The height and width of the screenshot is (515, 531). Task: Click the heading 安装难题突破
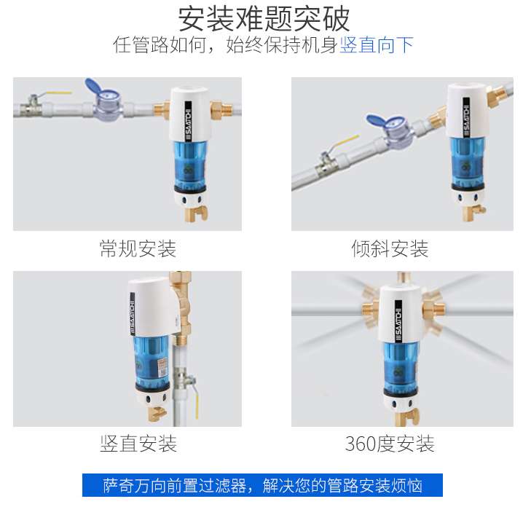pyautogui.click(x=264, y=19)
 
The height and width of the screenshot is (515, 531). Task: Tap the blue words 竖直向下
pyautogui.click(x=377, y=44)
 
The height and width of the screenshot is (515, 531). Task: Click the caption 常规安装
pyautogui.click(x=138, y=249)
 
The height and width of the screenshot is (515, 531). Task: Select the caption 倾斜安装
pyautogui.click(x=390, y=249)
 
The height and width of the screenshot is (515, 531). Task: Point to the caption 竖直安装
pyautogui.click(x=138, y=444)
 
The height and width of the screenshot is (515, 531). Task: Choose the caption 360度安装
pyautogui.click(x=390, y=444)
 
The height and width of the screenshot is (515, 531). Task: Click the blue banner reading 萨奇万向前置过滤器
pyautogui.click(x=262, y=485)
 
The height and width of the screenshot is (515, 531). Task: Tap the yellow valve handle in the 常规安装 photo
pyautogui.click(x=58, y=93)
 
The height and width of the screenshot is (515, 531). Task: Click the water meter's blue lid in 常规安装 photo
pyautogui.click(x=95, y=87)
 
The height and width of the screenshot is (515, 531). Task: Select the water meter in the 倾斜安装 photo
pyautogui.click(x=391, y=131)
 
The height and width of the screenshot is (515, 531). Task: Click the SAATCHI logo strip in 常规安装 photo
pyautogui.click(x=188, y=121)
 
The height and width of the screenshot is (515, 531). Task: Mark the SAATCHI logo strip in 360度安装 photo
pyautogui.click(x=398, y=321)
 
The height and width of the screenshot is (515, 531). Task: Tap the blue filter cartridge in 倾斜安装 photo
pyautogui.click(x=467, y=162)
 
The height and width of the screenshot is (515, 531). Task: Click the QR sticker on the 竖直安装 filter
pyautogui.click(x=163, y=368)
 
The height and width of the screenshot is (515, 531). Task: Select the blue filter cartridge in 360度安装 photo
pyautogui.click(x=401, y=366)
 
